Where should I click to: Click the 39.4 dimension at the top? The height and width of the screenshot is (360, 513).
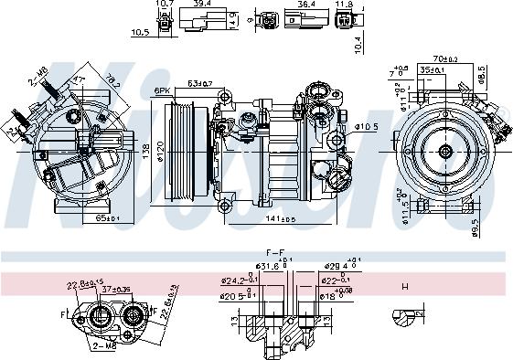coord(202,4)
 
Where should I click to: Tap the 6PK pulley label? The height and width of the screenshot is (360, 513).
coord(163,90)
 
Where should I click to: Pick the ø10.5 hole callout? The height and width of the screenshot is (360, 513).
coord(365,126)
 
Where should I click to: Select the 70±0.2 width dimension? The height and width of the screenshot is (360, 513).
coord(444,58)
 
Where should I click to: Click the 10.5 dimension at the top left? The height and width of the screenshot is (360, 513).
coord(140,32)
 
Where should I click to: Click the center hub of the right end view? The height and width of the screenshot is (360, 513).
coord(445,152)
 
